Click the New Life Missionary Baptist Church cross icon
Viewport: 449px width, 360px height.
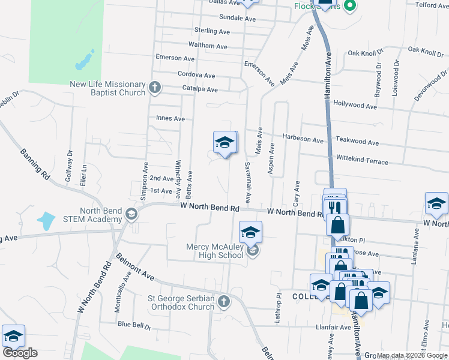[155, 88]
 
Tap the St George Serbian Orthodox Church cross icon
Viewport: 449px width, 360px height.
[224, 301]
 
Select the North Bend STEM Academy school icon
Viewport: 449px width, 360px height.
[131, 214]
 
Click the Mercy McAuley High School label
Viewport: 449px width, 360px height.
[214, 251]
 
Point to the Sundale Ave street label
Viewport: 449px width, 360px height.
[238, 18]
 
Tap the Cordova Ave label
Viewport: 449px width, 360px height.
[196, 75]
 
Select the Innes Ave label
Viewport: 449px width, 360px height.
[170, 118]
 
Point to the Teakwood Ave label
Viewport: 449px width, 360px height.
[357, 143]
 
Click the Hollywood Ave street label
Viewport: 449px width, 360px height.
[355, 105]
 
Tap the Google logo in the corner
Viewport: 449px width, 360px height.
[20, 353]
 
